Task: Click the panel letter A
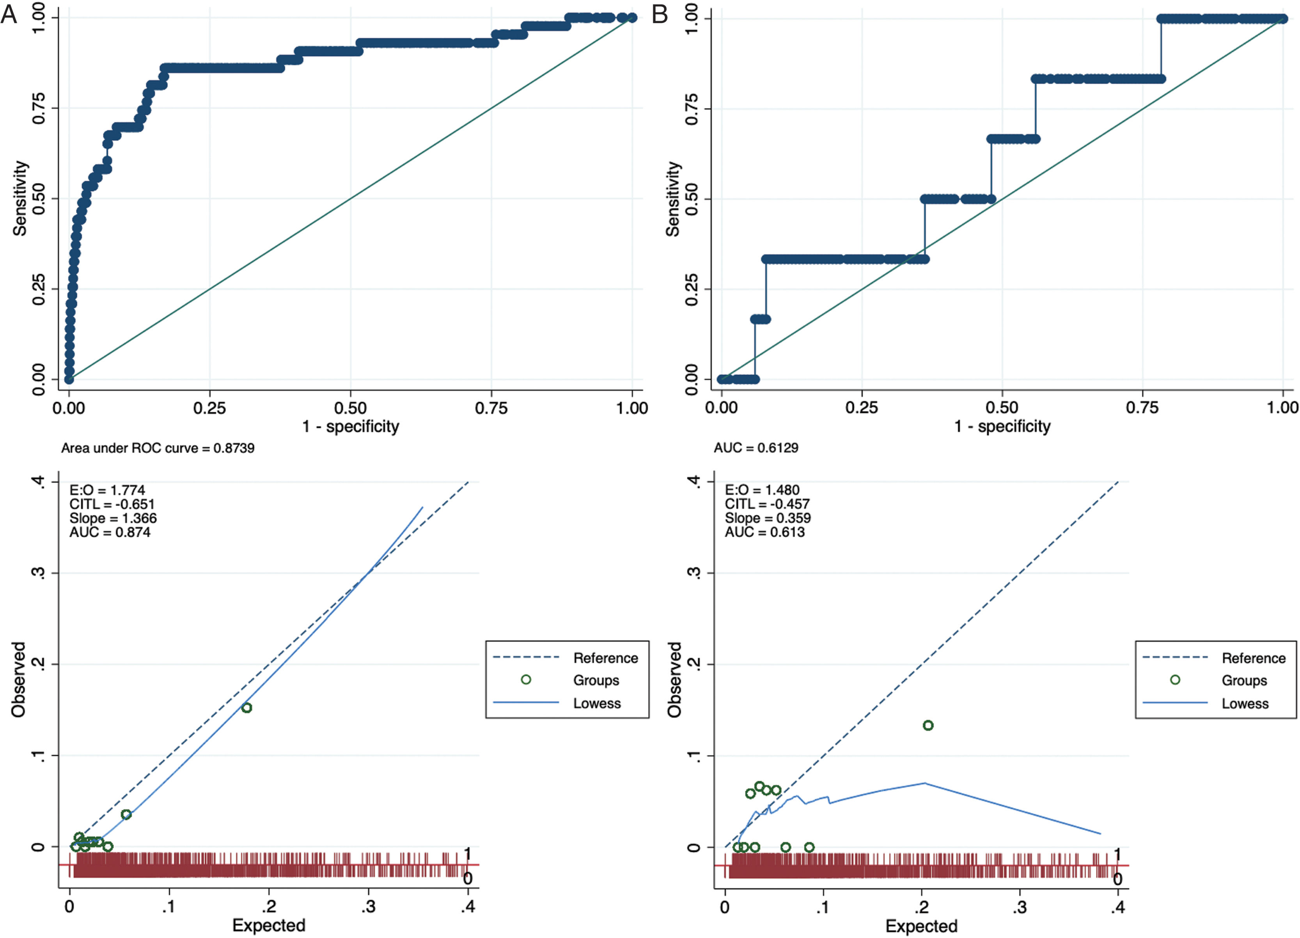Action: [9, 14]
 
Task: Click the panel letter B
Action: [660, 14]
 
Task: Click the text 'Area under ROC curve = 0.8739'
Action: [158, 448]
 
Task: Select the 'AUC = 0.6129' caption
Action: [756, 448]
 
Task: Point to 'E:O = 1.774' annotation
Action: [107, 490]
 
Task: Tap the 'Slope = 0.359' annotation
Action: [768, 518]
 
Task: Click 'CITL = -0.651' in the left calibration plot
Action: [112, 504]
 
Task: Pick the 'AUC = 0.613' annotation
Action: [764, 532]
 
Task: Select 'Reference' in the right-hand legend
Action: [1254, 658]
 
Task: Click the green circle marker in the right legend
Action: [1175, 680]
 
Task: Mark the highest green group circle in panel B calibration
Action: [928, 726]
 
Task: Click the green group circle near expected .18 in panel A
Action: [247, 708]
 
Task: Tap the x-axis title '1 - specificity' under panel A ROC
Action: [351, 427]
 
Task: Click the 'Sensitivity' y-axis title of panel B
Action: [672, 199]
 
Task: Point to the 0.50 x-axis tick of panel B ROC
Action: [1002, 407]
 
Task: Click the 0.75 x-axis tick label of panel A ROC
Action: [491, 407]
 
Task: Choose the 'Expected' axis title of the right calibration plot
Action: [921, 926]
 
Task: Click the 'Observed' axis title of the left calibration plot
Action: [18, 680]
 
